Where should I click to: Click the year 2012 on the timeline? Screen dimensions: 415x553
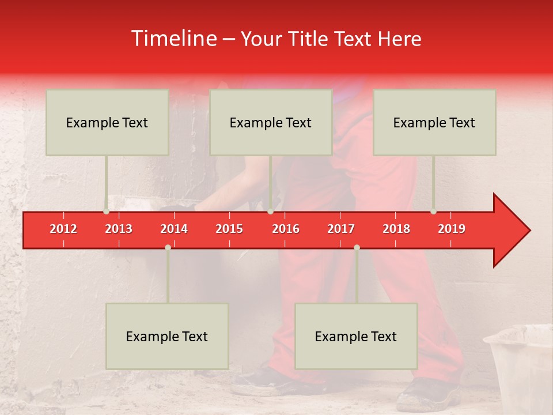click(63, 229)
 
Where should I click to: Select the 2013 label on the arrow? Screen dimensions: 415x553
click(119, 229)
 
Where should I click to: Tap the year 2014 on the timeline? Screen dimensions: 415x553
click(174, 229)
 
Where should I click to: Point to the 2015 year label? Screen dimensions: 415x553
click(229, 229)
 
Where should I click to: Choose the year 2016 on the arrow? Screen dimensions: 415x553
click(286, 229)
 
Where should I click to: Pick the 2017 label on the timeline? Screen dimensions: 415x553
click(341, 229)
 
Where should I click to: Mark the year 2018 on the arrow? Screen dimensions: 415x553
click(396, 229)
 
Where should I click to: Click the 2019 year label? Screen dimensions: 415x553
click(452, 229)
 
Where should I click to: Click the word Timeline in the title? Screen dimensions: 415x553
click(173, 39)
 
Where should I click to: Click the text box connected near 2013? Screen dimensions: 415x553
click(107, 122)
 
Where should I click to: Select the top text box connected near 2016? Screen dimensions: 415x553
click(271, 122)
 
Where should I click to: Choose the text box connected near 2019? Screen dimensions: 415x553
click(434, 122)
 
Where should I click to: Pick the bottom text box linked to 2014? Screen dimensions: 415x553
click(167, 336)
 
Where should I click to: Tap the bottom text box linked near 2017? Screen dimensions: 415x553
click(356, 336)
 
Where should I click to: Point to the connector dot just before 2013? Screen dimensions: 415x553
click(106, 212)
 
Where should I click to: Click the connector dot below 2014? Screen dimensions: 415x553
click(168, 247)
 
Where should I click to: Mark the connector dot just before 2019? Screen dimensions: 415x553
click(433, 212)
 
